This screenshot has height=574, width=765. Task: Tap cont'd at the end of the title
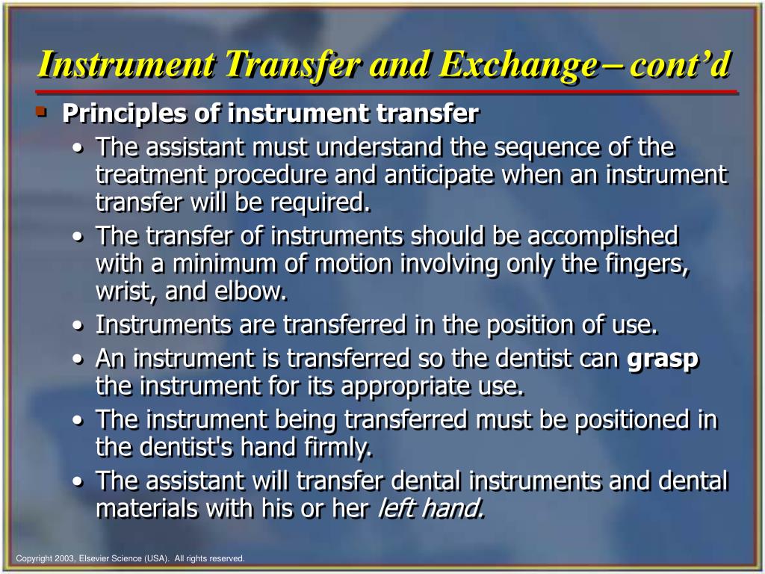tap(679, 66)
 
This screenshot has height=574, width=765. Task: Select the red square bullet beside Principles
tap(40, 112)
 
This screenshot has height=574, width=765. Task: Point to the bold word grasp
tap(663, 359)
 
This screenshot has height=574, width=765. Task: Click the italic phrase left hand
tap(431, 509)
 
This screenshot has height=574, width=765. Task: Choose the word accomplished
tap(603, 237)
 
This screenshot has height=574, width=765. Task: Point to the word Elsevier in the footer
tap(96, 558)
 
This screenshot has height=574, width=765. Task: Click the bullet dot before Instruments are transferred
tap(79, 327)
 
